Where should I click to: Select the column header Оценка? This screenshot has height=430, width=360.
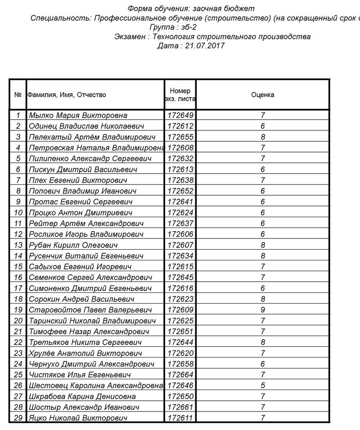262,95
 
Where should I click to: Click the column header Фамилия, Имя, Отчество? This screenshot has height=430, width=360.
67,95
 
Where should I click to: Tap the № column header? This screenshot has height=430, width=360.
18,95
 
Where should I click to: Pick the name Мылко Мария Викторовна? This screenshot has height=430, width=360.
78,116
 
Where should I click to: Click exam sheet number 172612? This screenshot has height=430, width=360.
180,126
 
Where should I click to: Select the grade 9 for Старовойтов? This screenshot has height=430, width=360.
263,310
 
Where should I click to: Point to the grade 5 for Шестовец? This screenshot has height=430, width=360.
263,385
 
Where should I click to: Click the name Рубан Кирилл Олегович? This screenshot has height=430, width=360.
73,245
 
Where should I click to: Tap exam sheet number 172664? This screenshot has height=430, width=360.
180,375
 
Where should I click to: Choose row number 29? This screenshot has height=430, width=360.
18,418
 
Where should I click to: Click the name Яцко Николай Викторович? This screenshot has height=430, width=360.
78,418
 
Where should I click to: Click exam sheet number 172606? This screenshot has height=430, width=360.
180,234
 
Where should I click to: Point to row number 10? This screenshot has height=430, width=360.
18,213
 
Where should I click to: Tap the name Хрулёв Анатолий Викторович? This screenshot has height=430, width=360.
85,353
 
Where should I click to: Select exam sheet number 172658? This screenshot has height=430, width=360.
180,364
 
